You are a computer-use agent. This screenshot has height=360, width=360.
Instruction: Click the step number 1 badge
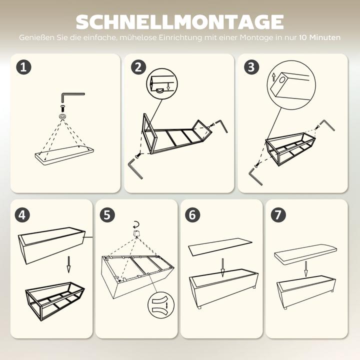(x=23, y=67)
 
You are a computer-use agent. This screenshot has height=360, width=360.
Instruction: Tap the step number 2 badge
(x=138, y=67)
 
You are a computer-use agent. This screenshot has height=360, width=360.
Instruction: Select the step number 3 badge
(x=251, y=67)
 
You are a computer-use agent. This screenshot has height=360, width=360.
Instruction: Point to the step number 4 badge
(x=22, y=215)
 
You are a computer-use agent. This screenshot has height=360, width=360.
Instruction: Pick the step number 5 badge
(x=107, y=215)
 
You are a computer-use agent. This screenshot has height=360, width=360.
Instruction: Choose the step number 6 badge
(x=192, y=215)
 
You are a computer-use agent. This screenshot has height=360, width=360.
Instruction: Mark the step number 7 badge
(x=277, y=215)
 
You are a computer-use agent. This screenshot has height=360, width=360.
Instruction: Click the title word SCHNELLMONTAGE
(x=180, y=22)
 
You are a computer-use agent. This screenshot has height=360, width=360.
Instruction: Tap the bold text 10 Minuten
(x=320, y=37)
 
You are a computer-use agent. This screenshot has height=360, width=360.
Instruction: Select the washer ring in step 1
(x=63, y=116)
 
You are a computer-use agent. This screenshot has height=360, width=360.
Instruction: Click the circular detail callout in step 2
(x=161, y=83)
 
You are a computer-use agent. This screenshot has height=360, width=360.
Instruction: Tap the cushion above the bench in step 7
(x=305, y=252)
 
